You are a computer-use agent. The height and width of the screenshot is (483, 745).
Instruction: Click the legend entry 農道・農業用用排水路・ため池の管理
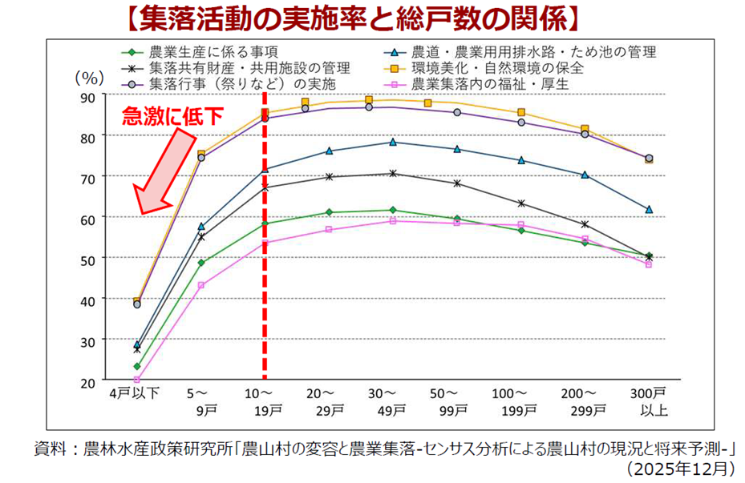(532, 52)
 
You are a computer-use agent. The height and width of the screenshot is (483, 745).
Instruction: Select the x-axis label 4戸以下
(136, 393)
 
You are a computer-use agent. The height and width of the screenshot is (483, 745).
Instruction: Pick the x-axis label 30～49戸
(392, 401)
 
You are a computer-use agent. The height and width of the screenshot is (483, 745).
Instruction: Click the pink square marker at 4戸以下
(137, 380)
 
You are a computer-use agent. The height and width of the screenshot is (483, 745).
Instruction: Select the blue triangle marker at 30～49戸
(392, 142)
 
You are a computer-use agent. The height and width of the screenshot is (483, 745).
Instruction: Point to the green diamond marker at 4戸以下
(137, 366)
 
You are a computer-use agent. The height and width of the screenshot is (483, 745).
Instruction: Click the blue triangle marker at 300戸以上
(649, 209)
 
